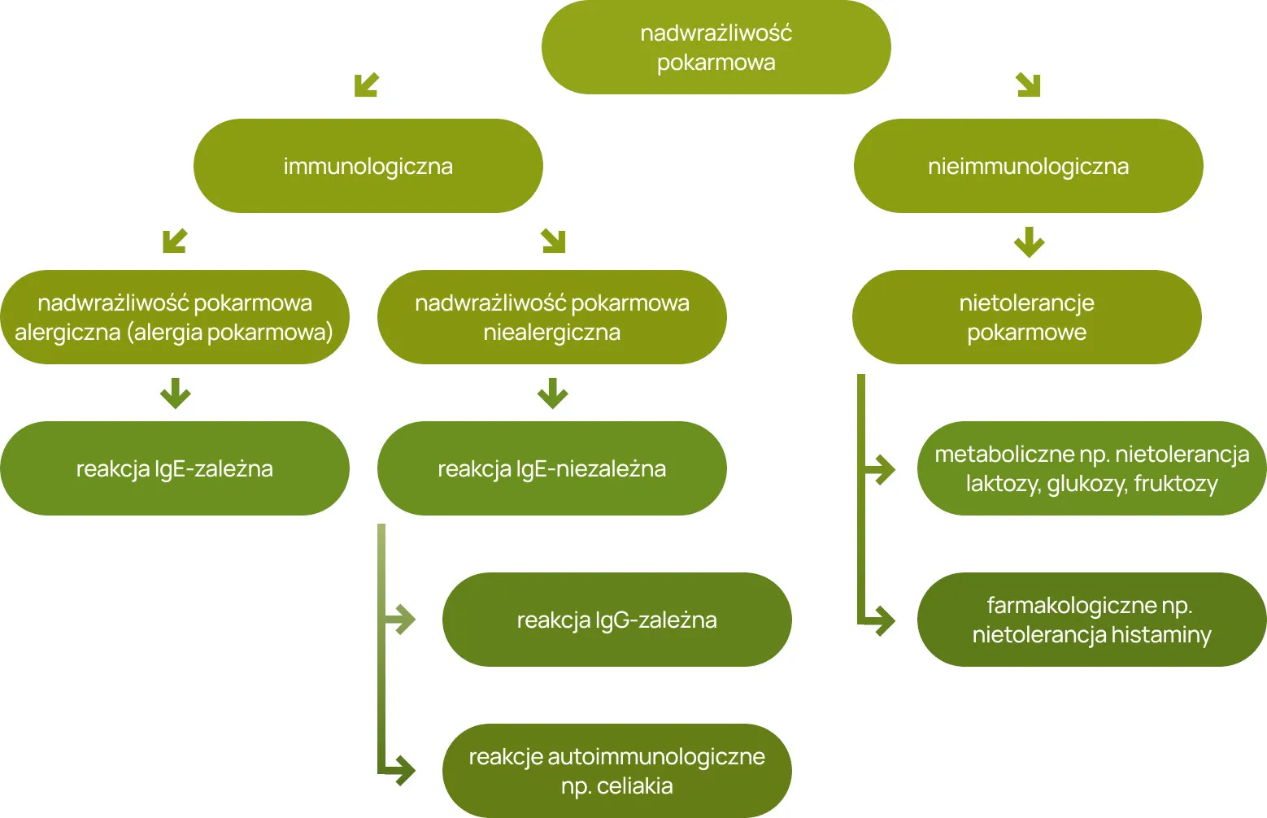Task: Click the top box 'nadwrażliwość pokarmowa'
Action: (716, 47)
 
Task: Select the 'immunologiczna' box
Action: (368, 166)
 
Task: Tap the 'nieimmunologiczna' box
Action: (1028, 166)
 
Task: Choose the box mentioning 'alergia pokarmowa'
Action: (174, 317)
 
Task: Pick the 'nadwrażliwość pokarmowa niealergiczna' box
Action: (551, 317)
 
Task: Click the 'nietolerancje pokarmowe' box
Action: (1026, 317)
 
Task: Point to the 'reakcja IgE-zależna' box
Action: (174, 468)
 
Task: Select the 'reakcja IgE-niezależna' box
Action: (551, 468)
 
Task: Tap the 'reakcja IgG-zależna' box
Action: (616, 620)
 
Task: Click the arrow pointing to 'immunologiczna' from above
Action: (367, 85)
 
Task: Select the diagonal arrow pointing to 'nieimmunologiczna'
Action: (1029, 85)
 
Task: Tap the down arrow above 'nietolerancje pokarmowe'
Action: (1029, 241)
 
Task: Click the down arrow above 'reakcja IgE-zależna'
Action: (175, 393)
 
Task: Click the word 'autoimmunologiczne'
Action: (656, 757)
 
